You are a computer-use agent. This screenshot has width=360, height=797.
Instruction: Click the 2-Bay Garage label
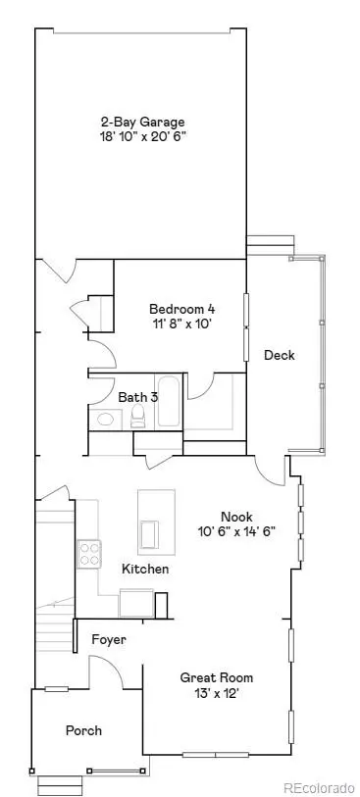pos(142,122)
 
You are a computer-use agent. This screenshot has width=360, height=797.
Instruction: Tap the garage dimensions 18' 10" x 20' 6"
pos(143,137)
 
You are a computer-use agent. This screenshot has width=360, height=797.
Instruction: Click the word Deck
pos(280,355)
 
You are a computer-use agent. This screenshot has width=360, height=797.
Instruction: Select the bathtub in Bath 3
pos(168,402)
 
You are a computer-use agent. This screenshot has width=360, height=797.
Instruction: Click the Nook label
pos(236,516)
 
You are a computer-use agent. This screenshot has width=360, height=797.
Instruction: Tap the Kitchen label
pos(145,569)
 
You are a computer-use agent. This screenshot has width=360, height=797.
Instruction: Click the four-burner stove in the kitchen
pos(90,555)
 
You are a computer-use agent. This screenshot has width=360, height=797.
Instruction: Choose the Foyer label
pos(108,640)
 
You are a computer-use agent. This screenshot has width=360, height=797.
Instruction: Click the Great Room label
pos(217,677)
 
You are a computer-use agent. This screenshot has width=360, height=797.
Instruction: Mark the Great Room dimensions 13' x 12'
pos(217,693)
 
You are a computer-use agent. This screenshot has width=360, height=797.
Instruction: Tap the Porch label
pos(83,730)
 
